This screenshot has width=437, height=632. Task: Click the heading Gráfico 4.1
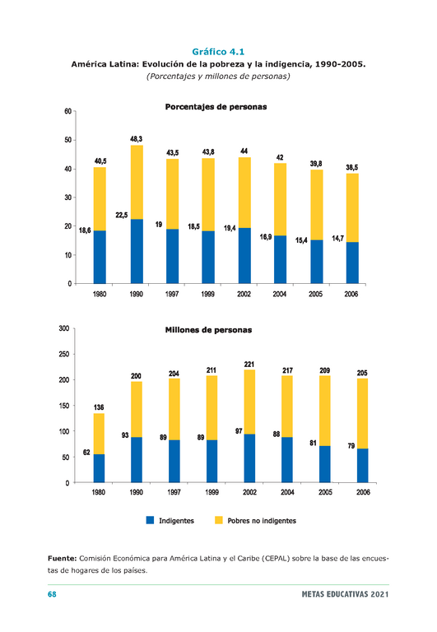click(x=218, y=52)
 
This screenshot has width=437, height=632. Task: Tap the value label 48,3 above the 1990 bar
click(x=137, y=139)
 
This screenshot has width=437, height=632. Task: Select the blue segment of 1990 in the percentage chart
click(x=137, y=251)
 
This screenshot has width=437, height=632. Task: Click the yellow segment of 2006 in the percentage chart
click(x=352, y=208)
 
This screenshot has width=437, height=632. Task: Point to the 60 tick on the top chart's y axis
click(x=67, y=111)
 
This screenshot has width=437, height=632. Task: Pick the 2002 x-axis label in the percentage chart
click(x=244, y=295)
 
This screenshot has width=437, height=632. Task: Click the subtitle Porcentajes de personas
click(x=216, y=107)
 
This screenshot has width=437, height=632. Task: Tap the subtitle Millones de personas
click(x=208, y=330)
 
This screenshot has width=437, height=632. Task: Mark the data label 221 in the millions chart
click(x=249, y=365)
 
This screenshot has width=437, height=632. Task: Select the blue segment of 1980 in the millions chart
click(x=99, y=468)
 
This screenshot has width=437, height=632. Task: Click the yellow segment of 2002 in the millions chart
click(x=249, y=402)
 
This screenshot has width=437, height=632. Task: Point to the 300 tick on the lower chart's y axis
click(x=64, y=328)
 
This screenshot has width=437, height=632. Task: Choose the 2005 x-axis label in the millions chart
click(x=325, y=492)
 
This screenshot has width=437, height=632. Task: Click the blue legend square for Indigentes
click(x=150, y=520)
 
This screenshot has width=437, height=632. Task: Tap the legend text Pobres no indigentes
click(x=262, y=521)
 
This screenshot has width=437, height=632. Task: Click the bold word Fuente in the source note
click(x=62, y=559)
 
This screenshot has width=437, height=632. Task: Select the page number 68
click(x=52, y=594)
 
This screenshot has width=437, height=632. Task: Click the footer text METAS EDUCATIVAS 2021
click(x=345, y=594)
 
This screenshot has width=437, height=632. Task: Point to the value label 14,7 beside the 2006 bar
click(x=337, y=239)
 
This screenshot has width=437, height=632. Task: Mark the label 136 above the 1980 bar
click(x=99, y=407)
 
